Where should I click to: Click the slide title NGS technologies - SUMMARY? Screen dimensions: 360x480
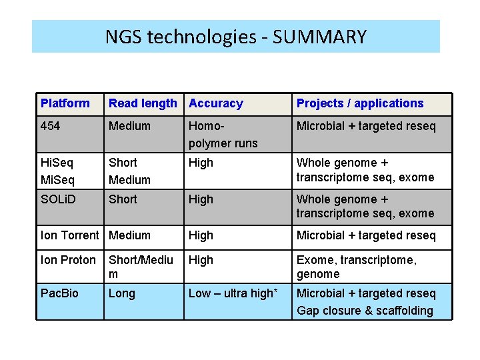[x=236, y=36]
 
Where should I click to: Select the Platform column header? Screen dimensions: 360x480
[x=65, y=103]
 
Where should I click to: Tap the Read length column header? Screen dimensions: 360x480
[x=143, y=103]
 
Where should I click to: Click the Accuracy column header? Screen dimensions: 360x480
[x=216, y=103]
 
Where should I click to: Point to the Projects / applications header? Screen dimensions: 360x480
[x=360, y=103]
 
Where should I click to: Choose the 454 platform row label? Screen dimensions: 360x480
[x=49, y=126]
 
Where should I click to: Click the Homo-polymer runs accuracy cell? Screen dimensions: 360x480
[x=223, y=134]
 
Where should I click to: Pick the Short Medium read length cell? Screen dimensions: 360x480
[x=129, y=171]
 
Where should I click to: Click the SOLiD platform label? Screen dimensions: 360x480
[x=58, y=199]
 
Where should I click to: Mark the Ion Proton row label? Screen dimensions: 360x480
[x=68, y=260]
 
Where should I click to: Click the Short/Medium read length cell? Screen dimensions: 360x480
[x=141, y=267]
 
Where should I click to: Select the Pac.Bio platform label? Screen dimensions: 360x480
[x=59, y=293]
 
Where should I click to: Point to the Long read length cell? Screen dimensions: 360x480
[x=121, y=293]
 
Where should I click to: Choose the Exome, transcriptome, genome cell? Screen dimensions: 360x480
[x=357, y=267]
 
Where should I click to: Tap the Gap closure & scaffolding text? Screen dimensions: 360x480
[x=365, y=311]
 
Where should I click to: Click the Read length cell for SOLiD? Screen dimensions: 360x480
[x=123, y=199]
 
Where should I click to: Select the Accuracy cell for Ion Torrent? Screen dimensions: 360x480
[x=201, y=235]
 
